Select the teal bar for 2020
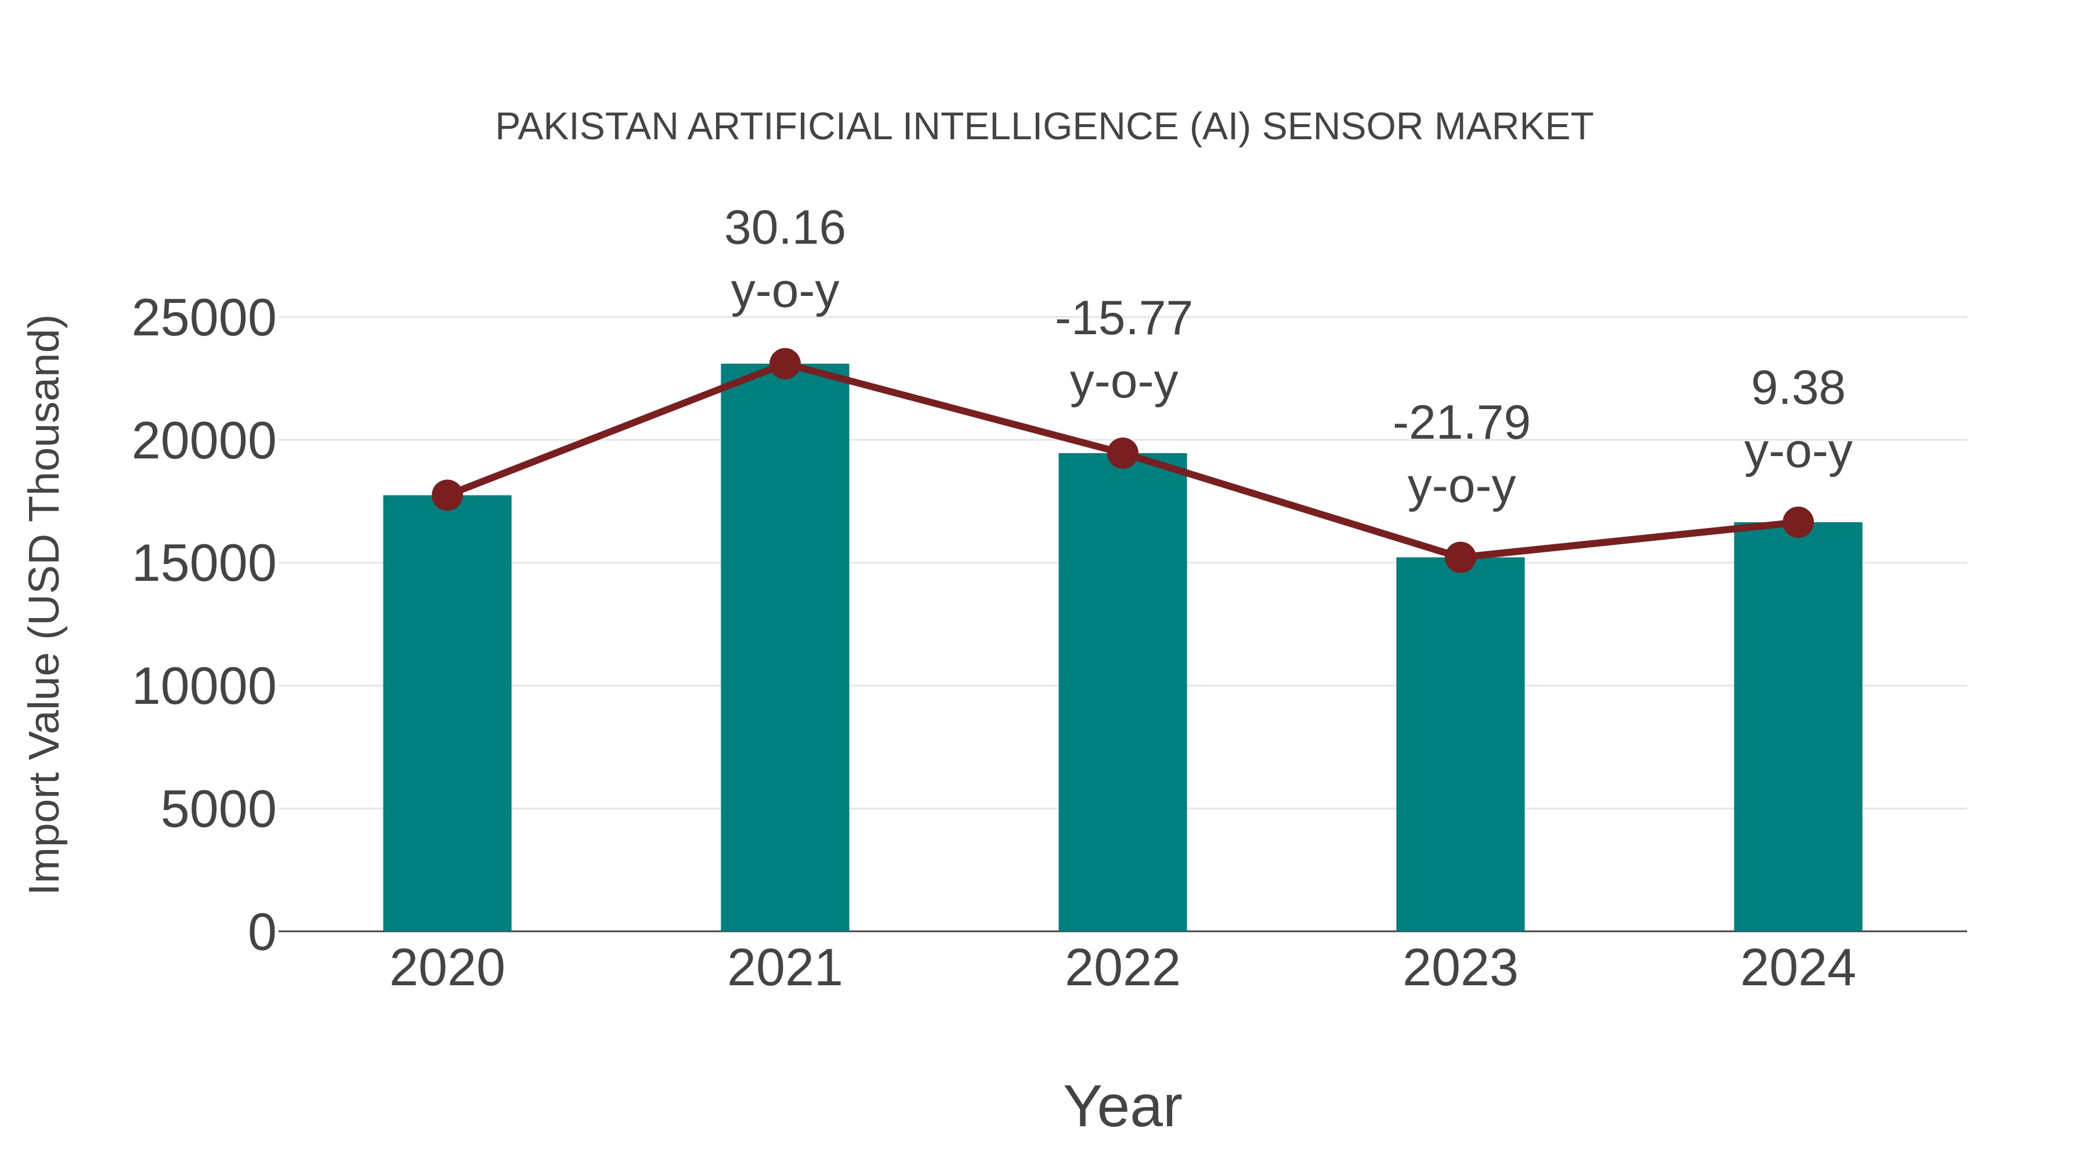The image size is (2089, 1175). pos(447,714)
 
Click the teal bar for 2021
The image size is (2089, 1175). pos(784,649)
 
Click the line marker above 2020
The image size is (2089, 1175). pos(447,494)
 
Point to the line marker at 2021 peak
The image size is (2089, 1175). pos(784,364)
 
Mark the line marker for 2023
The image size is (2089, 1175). pos(1460,558)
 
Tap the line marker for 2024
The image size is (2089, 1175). pos(1798,522)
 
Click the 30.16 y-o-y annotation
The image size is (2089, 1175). pos(784,259)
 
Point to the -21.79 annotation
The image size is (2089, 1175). pos(1461,454)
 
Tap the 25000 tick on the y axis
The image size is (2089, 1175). pos(204,318)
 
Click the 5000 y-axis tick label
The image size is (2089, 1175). pos(218,809)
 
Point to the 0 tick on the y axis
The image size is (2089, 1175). pos(261,932)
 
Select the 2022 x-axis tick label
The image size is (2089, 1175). pos(1122,968)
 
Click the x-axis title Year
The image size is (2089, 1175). pos(1122,1106)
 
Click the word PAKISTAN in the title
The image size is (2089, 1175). pos(586,127)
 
